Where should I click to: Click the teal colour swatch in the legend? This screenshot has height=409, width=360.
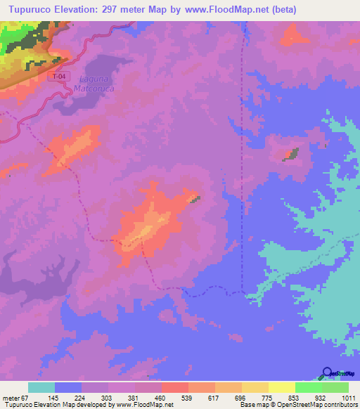tap(41, 387)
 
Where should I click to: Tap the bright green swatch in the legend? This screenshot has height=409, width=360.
tap(308, 387)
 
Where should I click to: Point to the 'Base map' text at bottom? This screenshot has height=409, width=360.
tap(252, 405)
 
